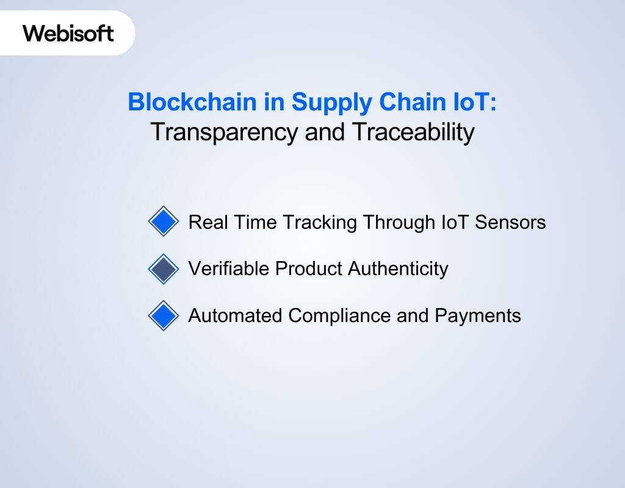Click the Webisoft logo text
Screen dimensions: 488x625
[x=68, y=33]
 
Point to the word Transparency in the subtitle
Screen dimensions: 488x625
[x=225, y=132]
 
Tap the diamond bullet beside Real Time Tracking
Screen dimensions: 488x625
[x=163, y=221]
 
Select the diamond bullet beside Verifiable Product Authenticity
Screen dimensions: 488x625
[x=163, y=268]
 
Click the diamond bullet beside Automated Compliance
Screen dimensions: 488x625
[x=163, y=315]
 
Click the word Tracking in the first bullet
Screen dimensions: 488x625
[x=320, y=222]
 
